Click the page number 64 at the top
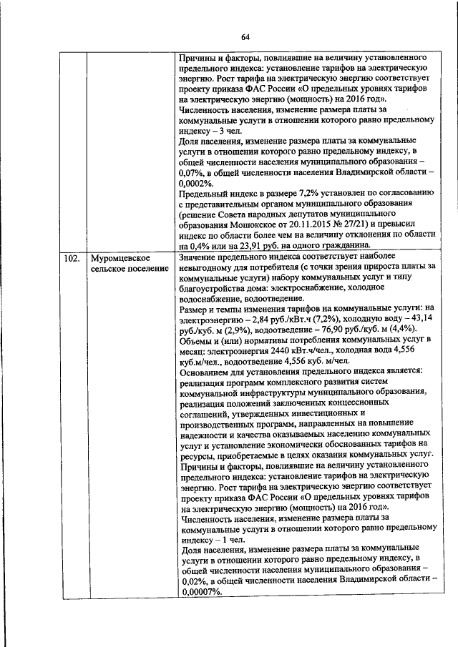tap(245, 37)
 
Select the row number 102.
tap(70, 257)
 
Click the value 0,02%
tap(194, 581)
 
